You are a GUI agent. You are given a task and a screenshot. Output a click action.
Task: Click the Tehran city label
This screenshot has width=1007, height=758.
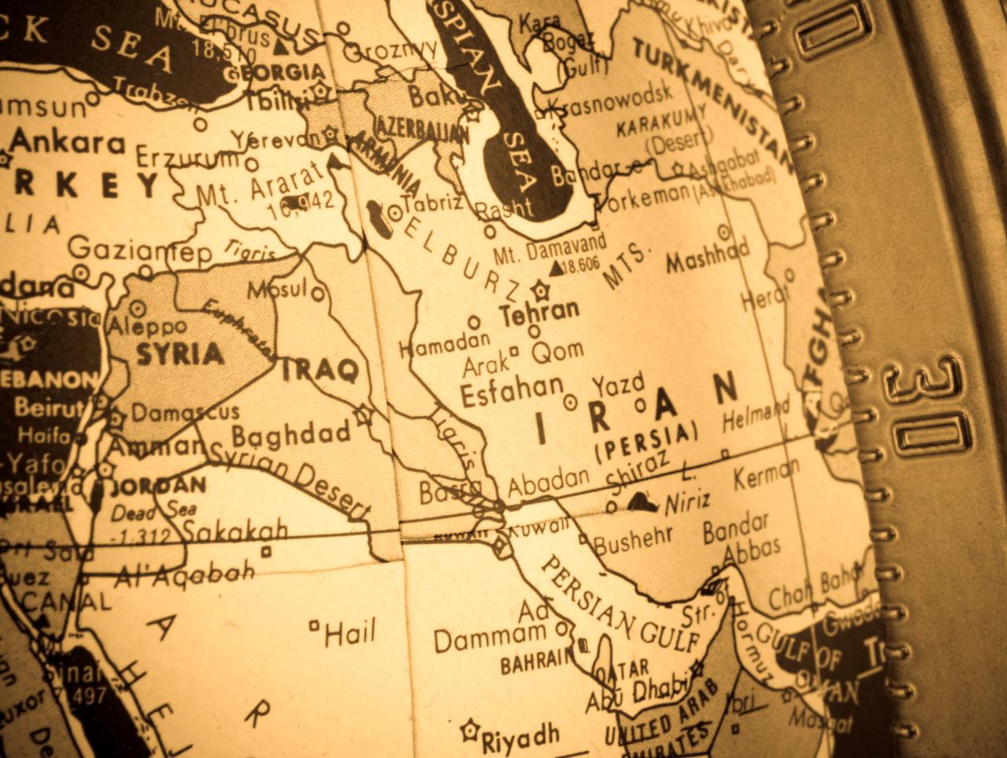539,310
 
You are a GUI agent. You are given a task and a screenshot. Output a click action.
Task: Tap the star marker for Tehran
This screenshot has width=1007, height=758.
541,289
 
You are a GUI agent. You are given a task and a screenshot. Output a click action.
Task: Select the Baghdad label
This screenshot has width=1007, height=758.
291,434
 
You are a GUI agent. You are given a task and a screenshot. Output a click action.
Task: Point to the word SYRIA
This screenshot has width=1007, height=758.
180,354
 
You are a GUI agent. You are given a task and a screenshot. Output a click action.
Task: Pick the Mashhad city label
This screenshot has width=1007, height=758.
707,257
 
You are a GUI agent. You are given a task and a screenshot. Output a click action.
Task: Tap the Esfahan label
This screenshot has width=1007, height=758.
512,392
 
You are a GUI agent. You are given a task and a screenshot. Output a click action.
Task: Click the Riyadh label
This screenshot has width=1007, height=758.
520,738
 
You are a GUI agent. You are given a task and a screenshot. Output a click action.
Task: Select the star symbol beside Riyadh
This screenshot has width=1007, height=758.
472,728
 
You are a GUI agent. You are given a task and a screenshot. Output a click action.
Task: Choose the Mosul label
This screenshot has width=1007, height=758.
277,289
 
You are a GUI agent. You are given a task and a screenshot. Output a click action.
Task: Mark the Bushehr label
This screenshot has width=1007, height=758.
633,540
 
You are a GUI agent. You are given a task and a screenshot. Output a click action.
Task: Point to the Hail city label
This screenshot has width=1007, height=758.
351,632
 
